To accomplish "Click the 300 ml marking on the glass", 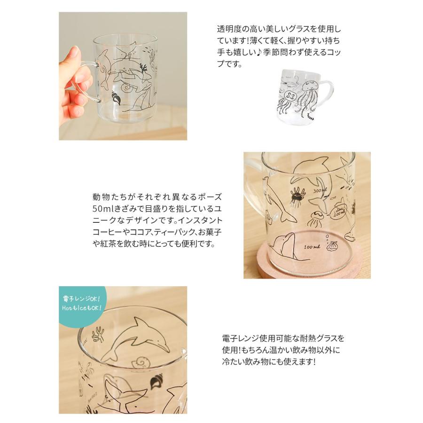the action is tap(320, 191).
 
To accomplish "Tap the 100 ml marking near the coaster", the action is tap(312, 247).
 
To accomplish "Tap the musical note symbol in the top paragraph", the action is tap(259, 52).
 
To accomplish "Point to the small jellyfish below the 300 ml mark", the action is tap(315, 219).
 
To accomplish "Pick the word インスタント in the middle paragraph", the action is tap(200, 220).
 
